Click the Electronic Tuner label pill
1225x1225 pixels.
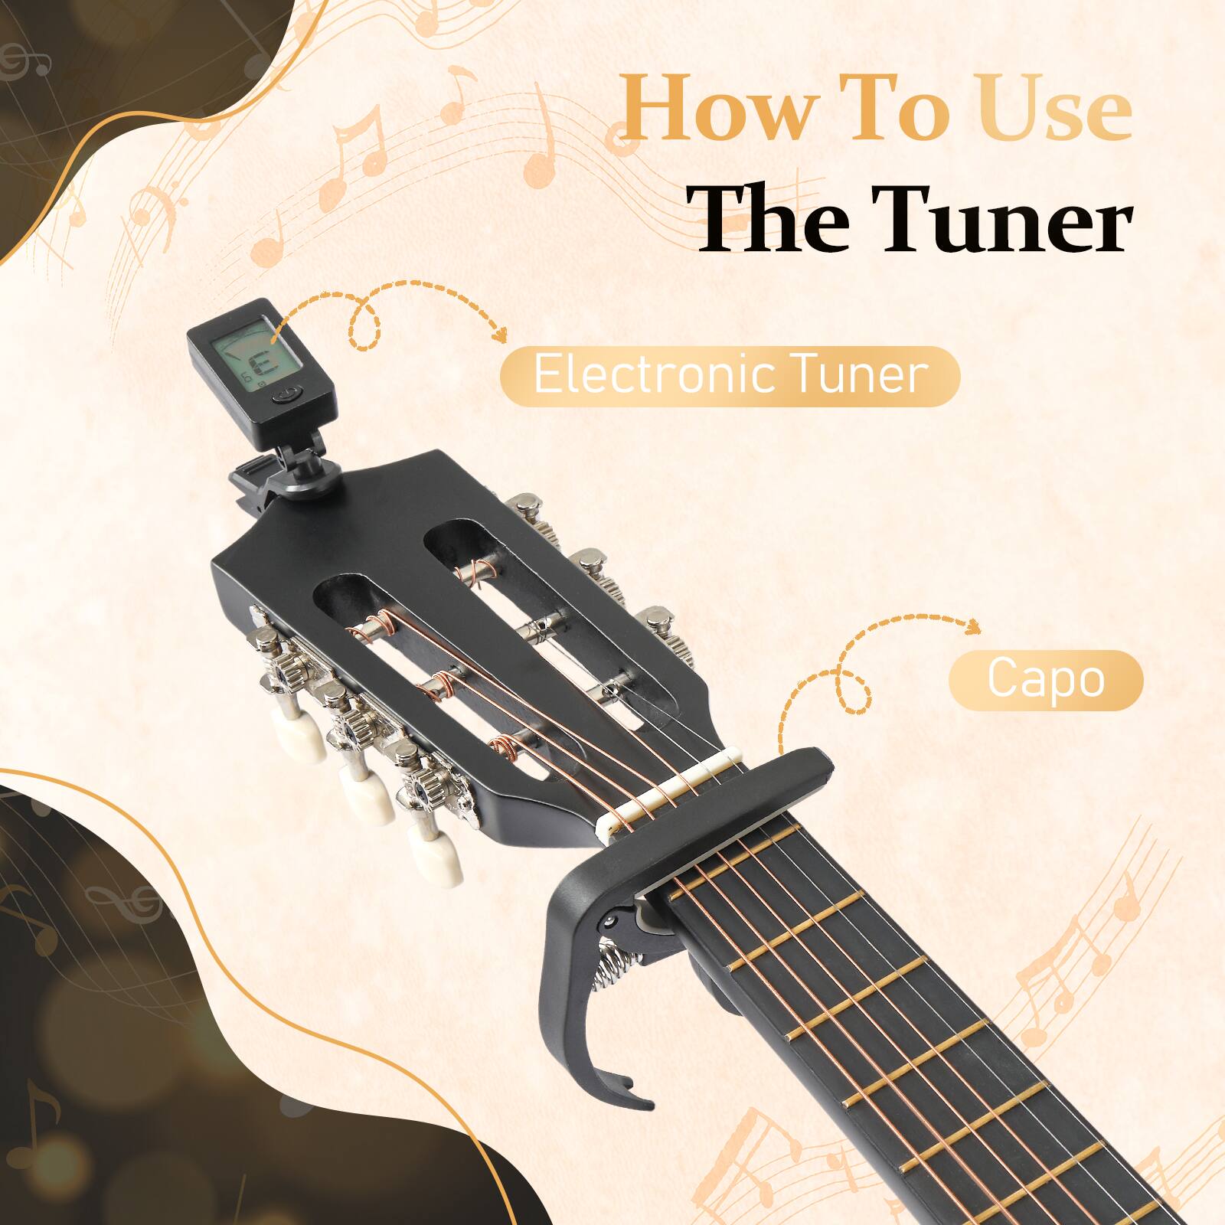pyautogui.click(x=729, y=375)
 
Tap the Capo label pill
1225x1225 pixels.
pyautogui.click(x=1045, y=679)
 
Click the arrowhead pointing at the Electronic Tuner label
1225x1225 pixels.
pyautogui.click(x=501, y=335)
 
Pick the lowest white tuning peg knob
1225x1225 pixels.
pyautogui.click(x=434, y=857)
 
